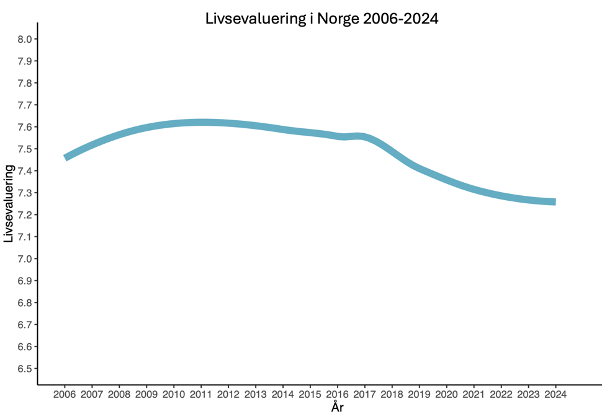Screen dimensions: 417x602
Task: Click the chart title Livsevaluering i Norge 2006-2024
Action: click(x=321, y=19)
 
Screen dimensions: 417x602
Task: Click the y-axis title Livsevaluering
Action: click(x=9, y=203)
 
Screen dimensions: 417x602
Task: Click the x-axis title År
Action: click(x=336, y=408)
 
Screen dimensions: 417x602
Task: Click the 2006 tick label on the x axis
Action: click(x=65, y=394)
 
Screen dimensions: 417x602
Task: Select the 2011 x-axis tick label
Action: click(x=201, y=394)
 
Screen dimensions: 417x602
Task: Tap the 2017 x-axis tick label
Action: click(x=364, y=394)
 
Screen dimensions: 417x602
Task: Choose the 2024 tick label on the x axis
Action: click(x=555, y=394)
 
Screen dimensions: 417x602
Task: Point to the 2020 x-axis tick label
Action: click(x=446, y=394)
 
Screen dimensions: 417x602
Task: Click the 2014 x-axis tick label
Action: click(x=282, y=394)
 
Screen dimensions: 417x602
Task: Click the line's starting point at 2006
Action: click(x=66, y=157)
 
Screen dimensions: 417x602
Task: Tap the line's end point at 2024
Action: click(x=554, y=202)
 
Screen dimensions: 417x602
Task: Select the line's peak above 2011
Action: click(x=201, y=123)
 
